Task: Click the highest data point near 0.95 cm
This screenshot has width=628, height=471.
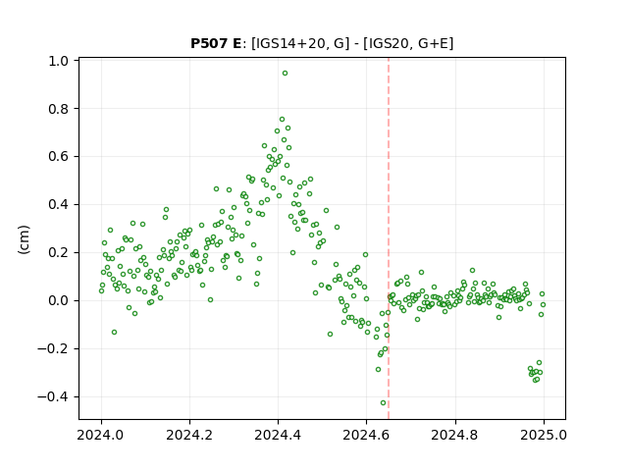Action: click(x=285, y=74)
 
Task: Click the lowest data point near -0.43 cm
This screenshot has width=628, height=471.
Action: click(x=383, y=403)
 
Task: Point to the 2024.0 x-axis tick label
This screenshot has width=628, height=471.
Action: click(x=101, y=435)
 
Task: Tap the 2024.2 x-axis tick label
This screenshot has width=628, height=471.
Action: click(x=189, y=435)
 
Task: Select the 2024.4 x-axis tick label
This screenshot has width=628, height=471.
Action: click(x=278, y=435)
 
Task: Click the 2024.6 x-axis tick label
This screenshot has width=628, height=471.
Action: click(x=366, y=435)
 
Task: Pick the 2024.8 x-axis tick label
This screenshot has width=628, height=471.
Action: click(x=455, y=435)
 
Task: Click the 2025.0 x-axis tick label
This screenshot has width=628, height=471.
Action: click(x=544, y=435)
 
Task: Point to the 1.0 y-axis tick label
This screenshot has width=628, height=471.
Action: click(x=59, y=61)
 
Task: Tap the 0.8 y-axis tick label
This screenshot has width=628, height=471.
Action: click(x=59, y=109)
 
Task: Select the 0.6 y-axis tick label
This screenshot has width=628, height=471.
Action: click(x=59, y=157)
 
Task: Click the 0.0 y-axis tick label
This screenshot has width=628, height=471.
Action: click(x=59, y=301)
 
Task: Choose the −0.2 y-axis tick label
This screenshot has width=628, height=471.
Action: click(x=53, y=349)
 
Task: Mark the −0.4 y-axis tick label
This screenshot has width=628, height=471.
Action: click(x=53, y=396)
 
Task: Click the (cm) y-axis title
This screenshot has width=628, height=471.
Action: click(x=24, y=239)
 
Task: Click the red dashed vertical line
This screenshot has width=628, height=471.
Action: click(x=389, y=238)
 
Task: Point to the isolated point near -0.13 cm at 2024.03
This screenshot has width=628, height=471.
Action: click(x=114, y=333)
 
